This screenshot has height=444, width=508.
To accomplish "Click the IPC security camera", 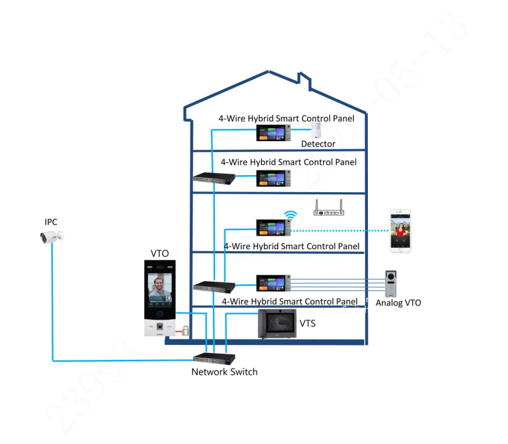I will (52, 236).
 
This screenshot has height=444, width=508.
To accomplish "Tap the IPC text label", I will (50, 222).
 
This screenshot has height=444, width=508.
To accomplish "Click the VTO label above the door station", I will (160, 254).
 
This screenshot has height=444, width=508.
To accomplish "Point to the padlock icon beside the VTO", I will (184, 331).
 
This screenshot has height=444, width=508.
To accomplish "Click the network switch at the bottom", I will (213, 358).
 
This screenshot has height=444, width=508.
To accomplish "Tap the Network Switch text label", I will (224, 372).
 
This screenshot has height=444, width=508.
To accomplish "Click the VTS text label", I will (307, 324).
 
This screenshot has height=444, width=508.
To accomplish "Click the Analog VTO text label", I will (398, 303).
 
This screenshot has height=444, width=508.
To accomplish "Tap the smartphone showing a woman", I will (401, 231).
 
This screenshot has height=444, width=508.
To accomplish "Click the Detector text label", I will (318, 144).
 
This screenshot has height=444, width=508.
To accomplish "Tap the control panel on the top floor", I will (273, 133).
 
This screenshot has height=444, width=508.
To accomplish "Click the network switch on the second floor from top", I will (214, 178).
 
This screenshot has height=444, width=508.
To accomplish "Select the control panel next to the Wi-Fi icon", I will (273, 227).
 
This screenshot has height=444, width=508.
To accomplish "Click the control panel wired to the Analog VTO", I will (273, 283).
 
